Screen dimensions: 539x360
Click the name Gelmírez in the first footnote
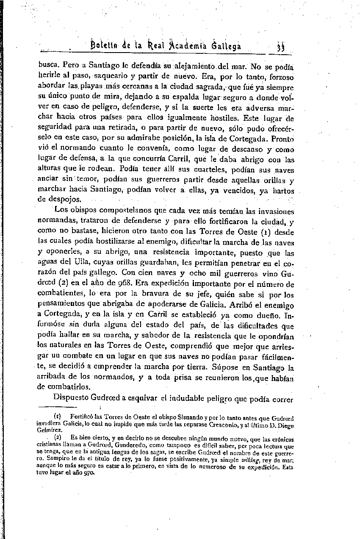pyautogui.click(x=47, y=429)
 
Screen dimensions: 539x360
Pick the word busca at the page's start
pyautogui.click(x=49, y=66)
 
